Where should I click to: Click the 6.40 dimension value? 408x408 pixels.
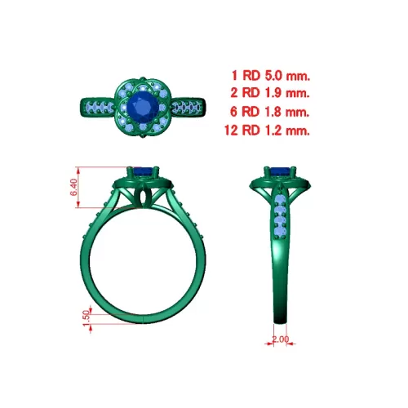point(73,187)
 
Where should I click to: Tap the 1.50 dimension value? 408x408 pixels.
point(86,318)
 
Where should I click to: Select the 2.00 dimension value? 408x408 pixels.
point(281,339)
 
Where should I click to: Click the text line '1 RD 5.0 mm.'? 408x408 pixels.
point(271,75)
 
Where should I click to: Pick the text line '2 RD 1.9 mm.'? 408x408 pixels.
point(270,93)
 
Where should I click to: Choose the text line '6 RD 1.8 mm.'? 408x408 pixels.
point(270,112)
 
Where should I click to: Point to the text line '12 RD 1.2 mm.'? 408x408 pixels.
point(267,131)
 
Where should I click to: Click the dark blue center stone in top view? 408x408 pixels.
point(143,107)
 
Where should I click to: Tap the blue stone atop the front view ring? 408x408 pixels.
point(144,171)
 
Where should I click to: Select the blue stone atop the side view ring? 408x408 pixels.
point(281,171)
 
